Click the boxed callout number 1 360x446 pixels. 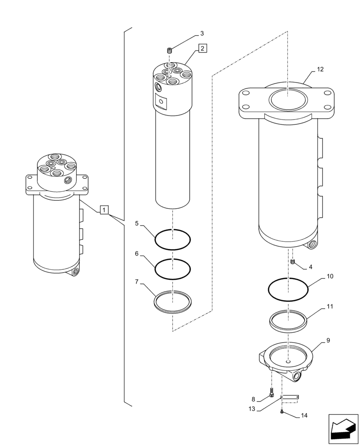[x=104, y=209]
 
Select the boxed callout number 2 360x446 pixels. [x=202, y=48]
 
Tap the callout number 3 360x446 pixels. [x=202, y=33]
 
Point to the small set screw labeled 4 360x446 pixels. [x=293, y=262]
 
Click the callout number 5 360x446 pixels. [x=137, y=223]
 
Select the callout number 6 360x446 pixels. [x=137, y=253]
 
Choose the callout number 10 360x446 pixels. [x=330, y=277]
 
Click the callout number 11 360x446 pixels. [x=330, y=307]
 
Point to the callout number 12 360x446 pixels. [x=320, y=70]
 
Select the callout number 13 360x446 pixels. [x=252, y=409]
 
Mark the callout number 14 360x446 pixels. [x=304, y=416]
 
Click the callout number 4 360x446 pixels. [x=310, y=268]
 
